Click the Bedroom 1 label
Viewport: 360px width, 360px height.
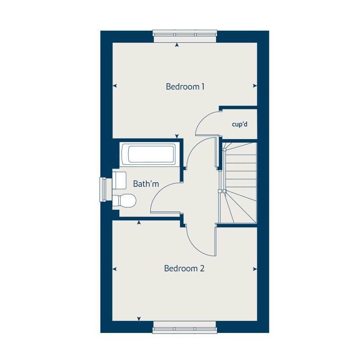pyautogui.click(x=185, y=86)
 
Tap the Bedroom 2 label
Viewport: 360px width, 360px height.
pyautogui.click(x=184, y=269)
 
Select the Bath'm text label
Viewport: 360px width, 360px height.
pyautogui.click(x=146, y=184)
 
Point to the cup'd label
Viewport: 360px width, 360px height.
pyautogui.click(x=239, y=124)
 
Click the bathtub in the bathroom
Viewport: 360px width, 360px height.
pyautogui.click(x=151, y=154)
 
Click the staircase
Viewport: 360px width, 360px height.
pyautogui.click(x=238, y=182)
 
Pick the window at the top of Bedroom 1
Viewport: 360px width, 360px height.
pyautogui.click(x=185, y=34)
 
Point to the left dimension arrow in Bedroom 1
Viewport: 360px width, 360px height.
pyautogui.click(x=115, y=86)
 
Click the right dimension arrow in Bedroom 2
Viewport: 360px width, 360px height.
pyautogui.click(x=255, y=269)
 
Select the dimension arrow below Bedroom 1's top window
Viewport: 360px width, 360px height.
pyautogui.click(x=177, y=45)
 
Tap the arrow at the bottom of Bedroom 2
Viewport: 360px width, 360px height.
pyautogui.click(x=139, y=319)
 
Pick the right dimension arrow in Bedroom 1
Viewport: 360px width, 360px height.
pyautogui.click(x=255, y=86)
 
